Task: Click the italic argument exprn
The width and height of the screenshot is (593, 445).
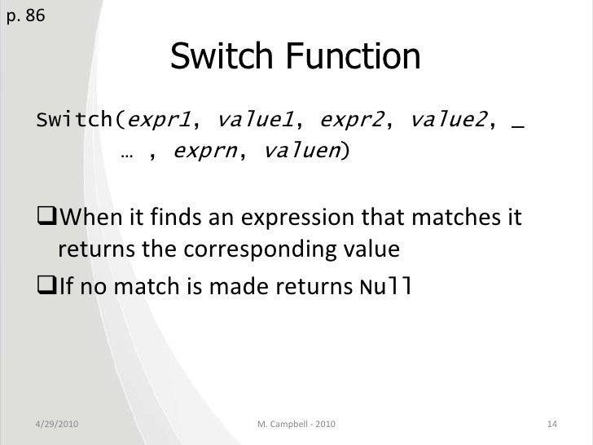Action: [204, 150]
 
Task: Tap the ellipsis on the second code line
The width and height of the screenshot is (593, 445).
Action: [127, 152]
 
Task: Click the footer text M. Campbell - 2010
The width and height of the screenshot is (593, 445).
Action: [295, 425]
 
